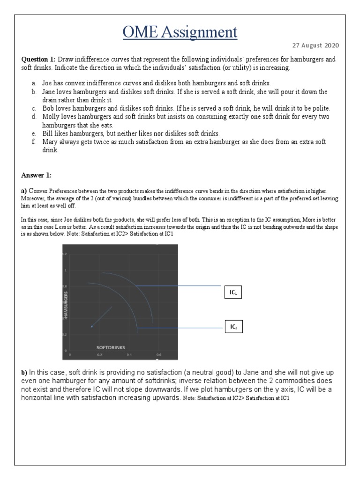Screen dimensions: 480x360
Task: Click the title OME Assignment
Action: click(x=180, y=32)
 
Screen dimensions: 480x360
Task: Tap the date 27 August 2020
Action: click(x=315, y=45)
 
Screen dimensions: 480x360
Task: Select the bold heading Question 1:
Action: click(x=38, y=60)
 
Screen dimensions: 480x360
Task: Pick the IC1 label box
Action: click(x=233, y=292)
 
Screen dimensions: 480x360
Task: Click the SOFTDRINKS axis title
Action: click(x=111, y=348)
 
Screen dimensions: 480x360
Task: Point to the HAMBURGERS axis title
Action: click(x=66, y=305)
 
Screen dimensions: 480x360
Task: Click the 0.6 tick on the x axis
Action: click(x=158, y=355)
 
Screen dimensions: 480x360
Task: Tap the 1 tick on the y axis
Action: click(x=66, y=270)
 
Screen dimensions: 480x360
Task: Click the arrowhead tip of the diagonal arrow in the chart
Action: click(x=92, y=326)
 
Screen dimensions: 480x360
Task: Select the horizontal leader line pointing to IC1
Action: click(x=178, y=285)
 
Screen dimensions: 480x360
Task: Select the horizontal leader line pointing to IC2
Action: click(x=178, y=328)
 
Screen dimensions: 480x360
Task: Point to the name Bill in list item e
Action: click(x=48, y=133)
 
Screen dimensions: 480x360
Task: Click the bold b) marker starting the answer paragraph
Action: click(x=24, y=372)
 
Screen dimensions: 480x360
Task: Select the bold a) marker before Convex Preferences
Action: click(x=24, y=191)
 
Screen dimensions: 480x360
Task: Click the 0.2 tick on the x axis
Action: click(x=99, y=355)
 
